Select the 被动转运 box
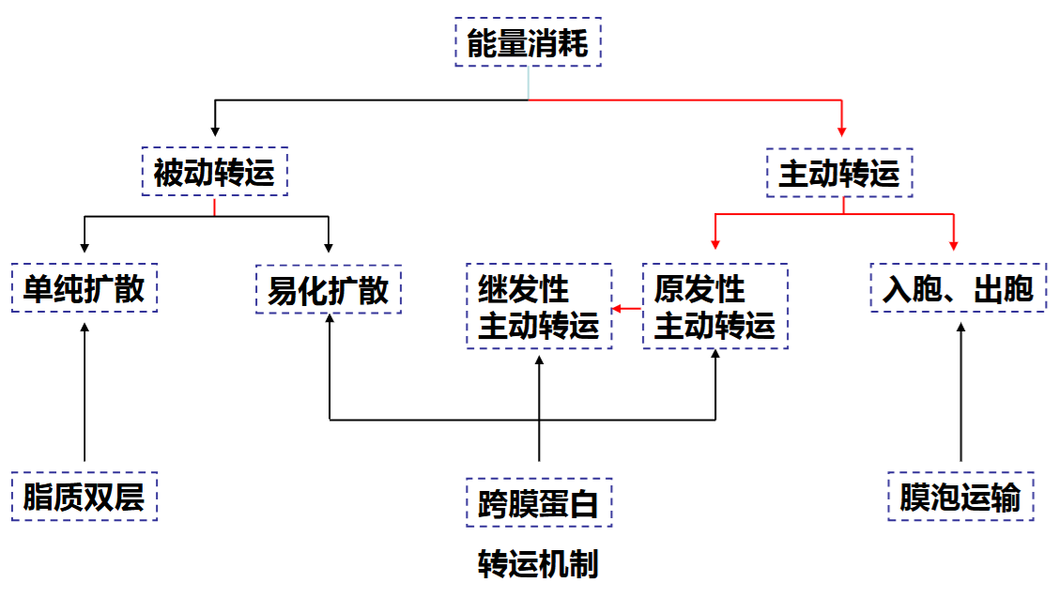point(214,173)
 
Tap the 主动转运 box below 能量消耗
point(839,173)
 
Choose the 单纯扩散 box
point(84,288)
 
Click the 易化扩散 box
point(329,289)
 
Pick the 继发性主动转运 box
point(539,307)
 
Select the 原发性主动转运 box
point(714,307)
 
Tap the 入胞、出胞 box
point(958,288)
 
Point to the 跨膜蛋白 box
point(539,503)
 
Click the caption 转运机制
point(538,564)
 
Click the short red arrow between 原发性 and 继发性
point(627,308)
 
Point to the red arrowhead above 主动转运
point(841,130)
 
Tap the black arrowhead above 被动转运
point(215,130)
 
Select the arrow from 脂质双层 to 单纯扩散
point(84,394)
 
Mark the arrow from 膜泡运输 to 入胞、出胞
point(960,394)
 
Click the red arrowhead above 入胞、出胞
point(954,245)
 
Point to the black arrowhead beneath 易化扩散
point(330,320)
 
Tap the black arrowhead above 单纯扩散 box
point(84,247)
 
